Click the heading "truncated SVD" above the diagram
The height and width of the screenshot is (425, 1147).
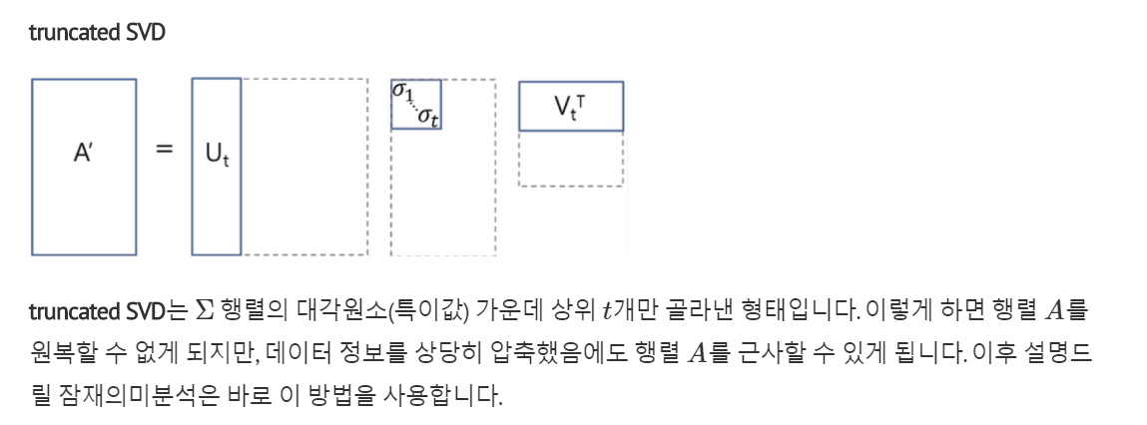[x=97, y=33]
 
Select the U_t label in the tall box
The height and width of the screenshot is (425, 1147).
[x=216, y=156]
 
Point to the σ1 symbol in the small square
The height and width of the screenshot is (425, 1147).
[x=402, y=92]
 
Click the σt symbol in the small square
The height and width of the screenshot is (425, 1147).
[x=430, y=118]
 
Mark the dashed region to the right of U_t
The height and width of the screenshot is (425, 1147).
[x=304, y=166]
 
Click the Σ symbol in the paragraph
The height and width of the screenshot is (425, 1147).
[x=205, y=311]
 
